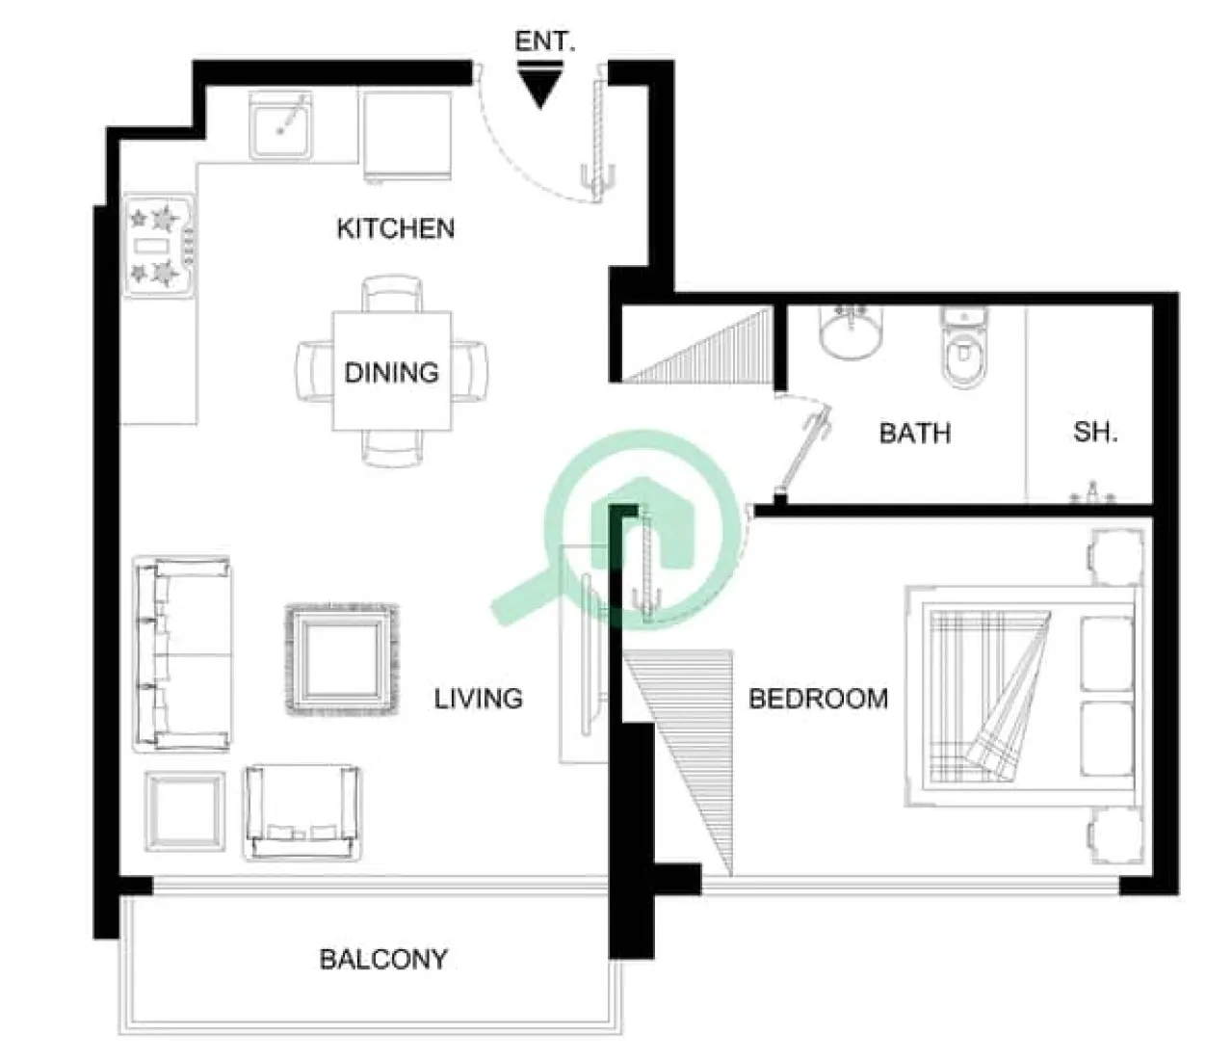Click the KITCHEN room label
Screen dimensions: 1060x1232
(395, 228)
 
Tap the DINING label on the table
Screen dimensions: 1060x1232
(391, 372)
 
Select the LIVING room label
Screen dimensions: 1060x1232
(478, 698)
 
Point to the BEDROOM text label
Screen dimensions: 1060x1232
(818, 698)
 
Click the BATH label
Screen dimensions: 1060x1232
(914, 433)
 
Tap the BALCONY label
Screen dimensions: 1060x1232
(383, 959)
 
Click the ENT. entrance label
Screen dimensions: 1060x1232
(544, 41)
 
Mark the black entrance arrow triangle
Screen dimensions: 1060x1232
(540, 87)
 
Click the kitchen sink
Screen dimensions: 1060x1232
(281, 124)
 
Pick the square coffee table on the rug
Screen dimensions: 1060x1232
(342, 660)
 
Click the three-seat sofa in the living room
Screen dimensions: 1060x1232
(181, 653)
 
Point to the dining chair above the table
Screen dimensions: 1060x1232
(391, 293)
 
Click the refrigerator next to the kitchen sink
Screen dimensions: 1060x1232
(406, 135)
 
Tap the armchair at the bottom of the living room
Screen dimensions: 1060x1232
(303, 812)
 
